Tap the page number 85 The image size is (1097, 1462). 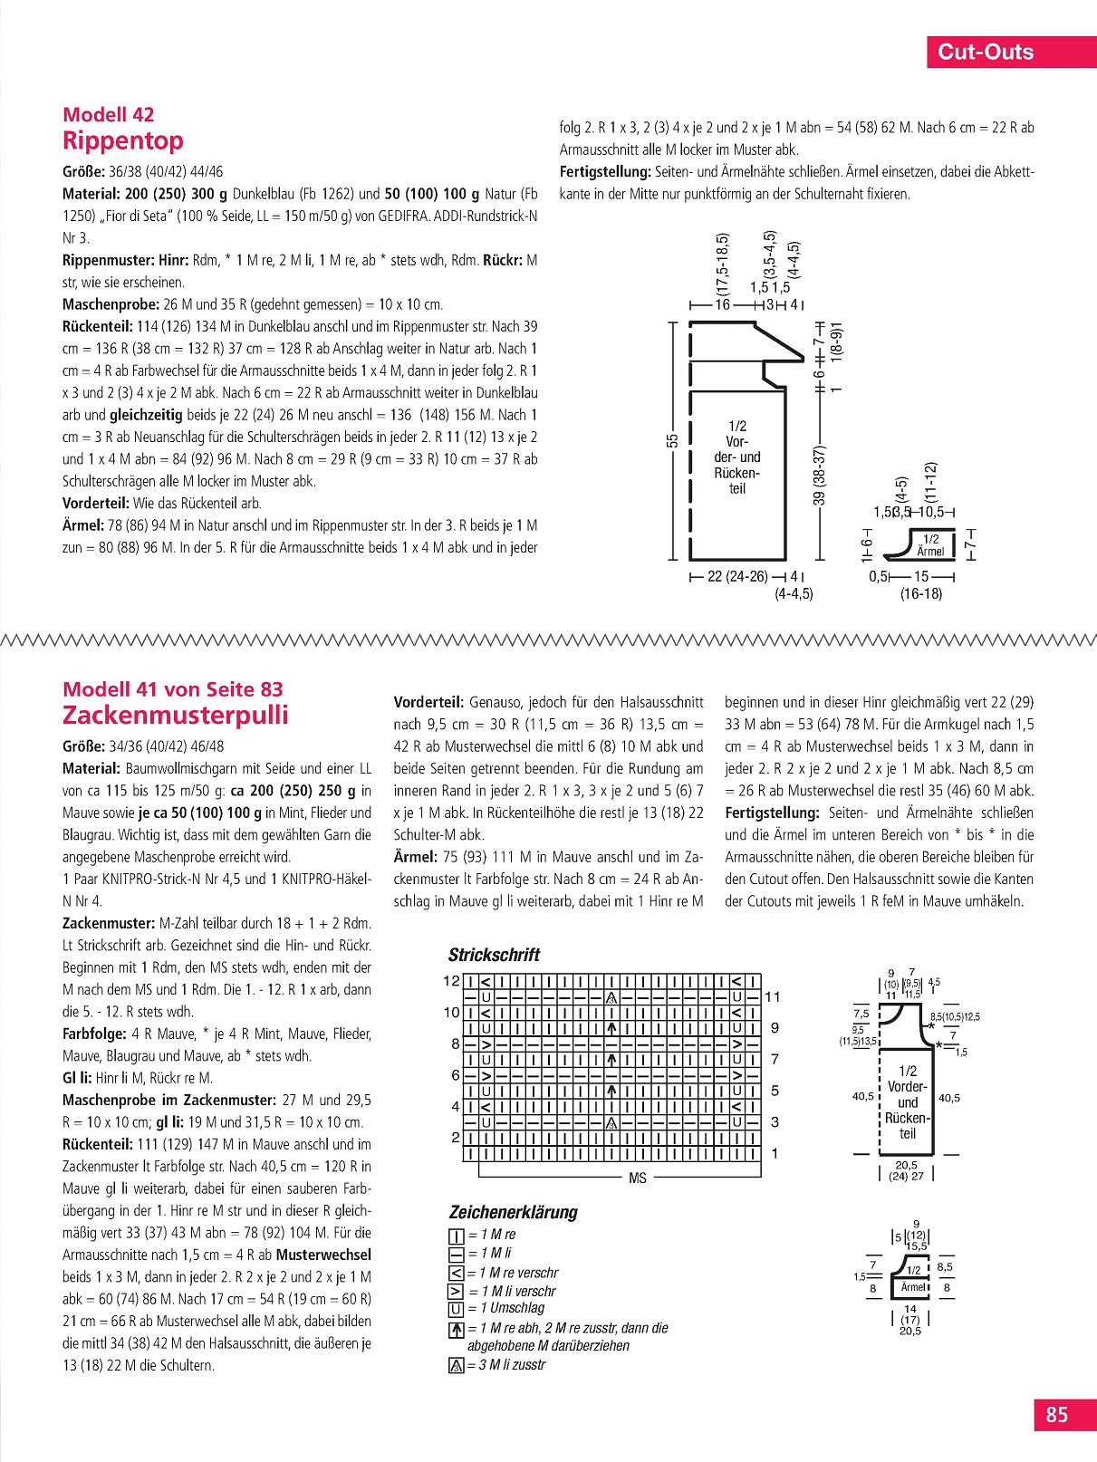1056,1415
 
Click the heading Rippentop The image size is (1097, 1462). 123,141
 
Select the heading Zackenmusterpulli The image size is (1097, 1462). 176,716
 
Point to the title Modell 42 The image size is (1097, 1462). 109,115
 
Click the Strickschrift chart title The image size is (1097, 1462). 494,955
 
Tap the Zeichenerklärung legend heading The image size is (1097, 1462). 513,1212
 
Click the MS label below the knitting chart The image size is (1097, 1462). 638,1178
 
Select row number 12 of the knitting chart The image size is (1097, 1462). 452,981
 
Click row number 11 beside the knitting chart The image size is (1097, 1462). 773,996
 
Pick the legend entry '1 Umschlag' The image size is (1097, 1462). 513,1308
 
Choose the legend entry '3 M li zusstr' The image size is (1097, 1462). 512,1365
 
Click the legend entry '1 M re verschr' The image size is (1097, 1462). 518,1273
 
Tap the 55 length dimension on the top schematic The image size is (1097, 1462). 672,440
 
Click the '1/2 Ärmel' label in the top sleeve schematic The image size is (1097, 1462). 930,545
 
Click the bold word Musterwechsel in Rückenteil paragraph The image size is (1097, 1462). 323,1255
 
